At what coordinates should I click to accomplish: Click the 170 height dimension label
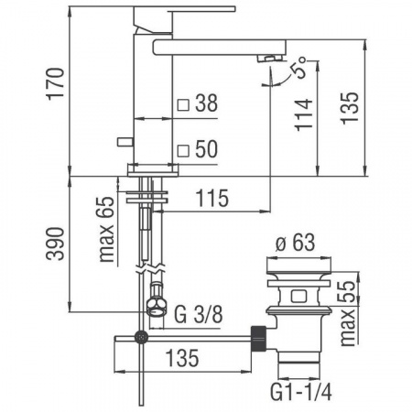pyautogui.click(x=56, y=83)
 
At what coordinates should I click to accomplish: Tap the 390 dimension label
pyautogui.click(x=56, y=244)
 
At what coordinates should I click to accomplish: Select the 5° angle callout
pyautogui.click(x=298, y=68)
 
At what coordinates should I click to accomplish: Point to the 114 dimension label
pyautogui.click(x=304, y=114)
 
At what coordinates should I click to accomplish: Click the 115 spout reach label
pyautogui.click(x=211, y=198)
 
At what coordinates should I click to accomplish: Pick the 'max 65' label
pyautogui.click(x=107, y=230)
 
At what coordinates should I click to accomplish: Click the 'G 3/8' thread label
pyautogui.click(x=199, y=314)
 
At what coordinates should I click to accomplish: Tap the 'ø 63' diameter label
pyautogui.click(x=295, y=243)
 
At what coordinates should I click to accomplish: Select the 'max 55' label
pyautogui.click(x=348, y=313)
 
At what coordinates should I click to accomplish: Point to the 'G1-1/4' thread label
pyautogui.click(x=301, y=392)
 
